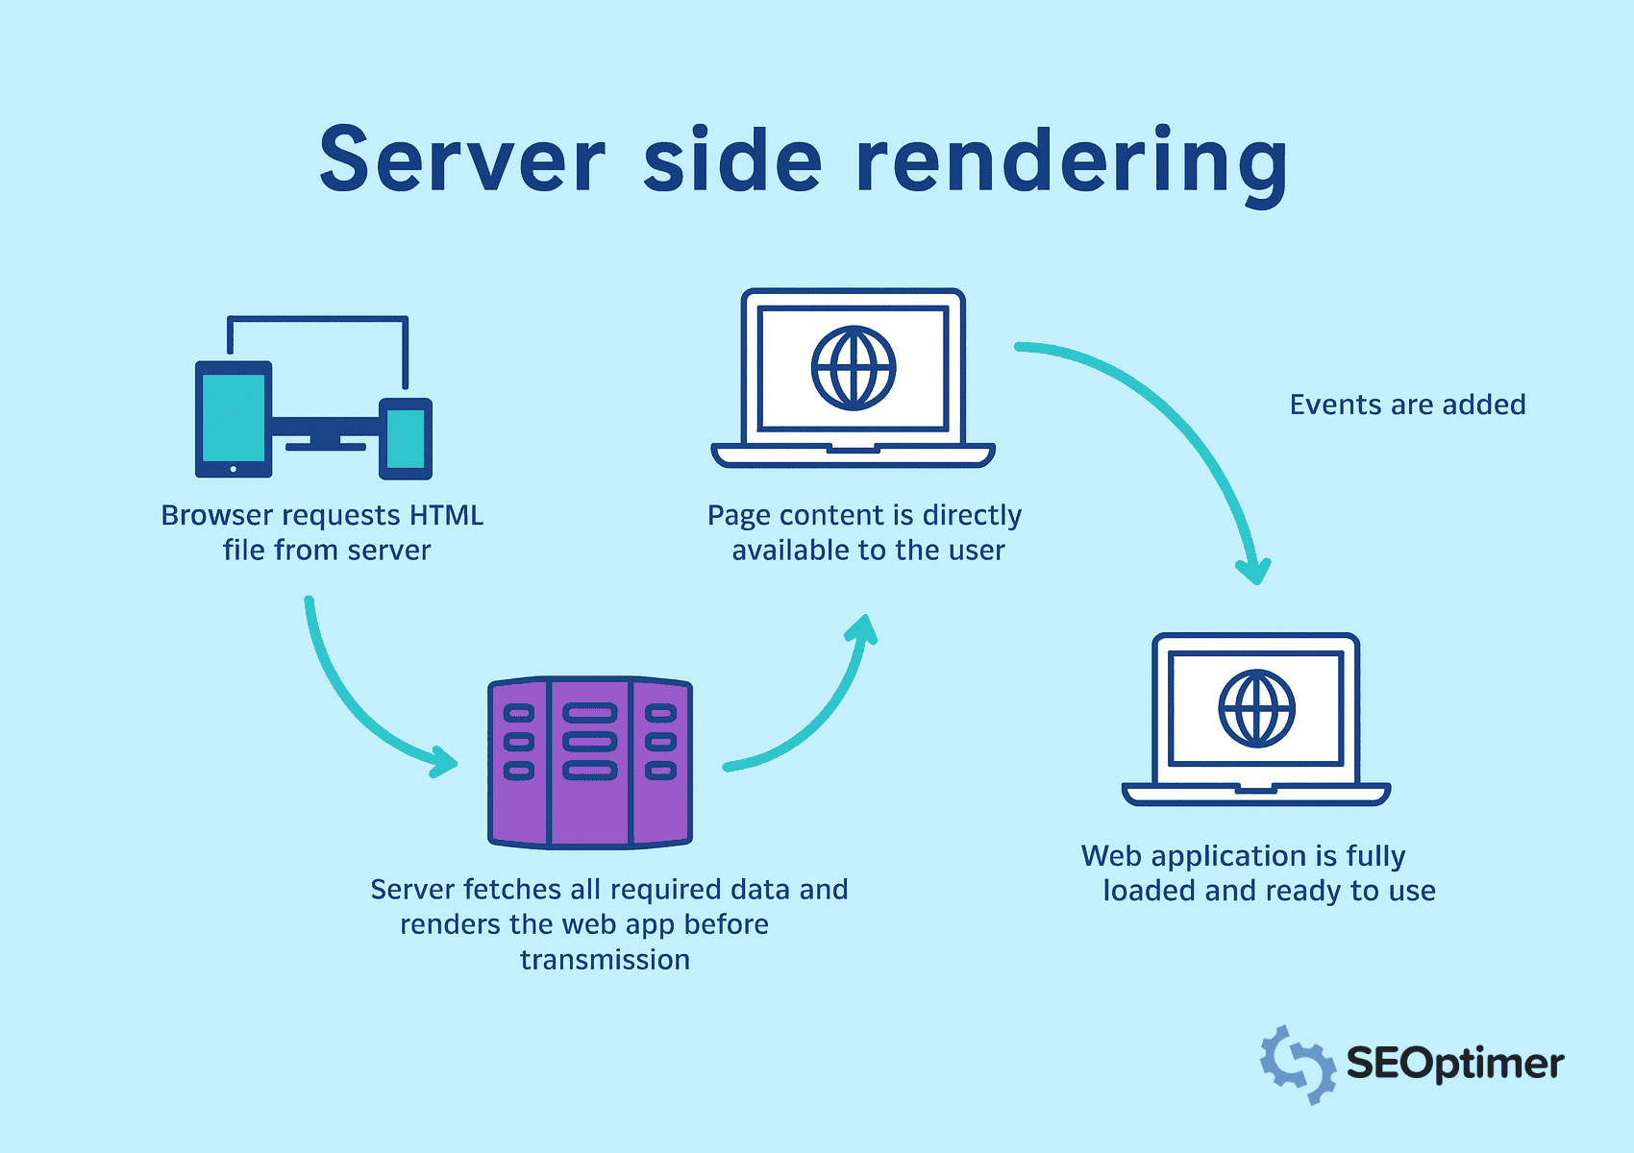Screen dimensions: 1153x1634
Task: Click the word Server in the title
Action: click(462, 160)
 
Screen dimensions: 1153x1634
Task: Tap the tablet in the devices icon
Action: click(234, 419)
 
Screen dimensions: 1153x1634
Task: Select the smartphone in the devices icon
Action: click(406, 438)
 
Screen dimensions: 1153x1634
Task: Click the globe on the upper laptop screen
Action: click(854, 368)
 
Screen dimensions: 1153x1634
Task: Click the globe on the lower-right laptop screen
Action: click(1256, 709)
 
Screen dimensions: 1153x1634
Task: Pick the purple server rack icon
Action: click(590, 762)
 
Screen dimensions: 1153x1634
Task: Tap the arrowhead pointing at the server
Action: click(444, 761)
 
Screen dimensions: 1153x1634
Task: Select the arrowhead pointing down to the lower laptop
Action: click(1253, 571)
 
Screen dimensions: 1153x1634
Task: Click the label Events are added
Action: click(1407, 405)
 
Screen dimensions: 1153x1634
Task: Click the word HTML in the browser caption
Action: click(446, 515)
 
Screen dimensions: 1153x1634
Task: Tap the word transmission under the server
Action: click(605, 960)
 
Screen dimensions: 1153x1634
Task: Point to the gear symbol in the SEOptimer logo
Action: click(1297, 1064)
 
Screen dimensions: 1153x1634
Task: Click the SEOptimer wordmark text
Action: click(1454, 1064)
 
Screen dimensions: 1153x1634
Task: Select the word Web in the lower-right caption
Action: click(1111, 856)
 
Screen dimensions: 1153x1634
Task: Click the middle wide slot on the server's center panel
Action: click(589, 742)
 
